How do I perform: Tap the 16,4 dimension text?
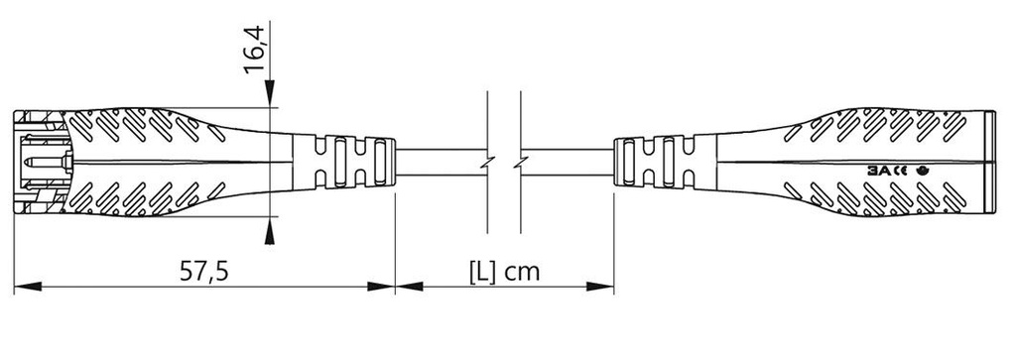click(255, 51)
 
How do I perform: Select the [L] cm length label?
click(504, 270)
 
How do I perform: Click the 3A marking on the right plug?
click(879, 171)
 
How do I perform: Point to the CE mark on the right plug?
click(900, 171)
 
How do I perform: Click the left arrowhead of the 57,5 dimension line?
click(24, 287)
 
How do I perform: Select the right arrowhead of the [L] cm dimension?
click(605, 287)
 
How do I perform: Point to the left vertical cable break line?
click(487, 159)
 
